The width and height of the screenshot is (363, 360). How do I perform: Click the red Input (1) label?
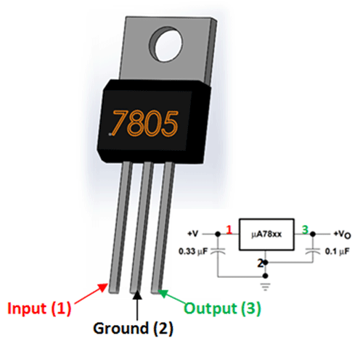40,308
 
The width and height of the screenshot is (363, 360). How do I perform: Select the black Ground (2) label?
133,327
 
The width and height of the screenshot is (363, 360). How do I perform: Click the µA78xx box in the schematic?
266,234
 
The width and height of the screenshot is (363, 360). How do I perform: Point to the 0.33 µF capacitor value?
195,252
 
